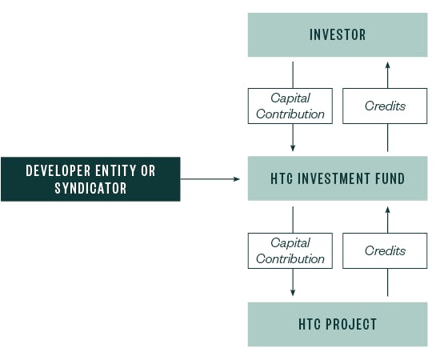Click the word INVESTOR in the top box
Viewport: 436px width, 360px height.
click(x=337, y=34)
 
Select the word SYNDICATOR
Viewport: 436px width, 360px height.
click(x=90, y=189)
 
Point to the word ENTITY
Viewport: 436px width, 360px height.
click(x=120, y=171)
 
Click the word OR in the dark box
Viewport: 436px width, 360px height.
click(x=149, y=171)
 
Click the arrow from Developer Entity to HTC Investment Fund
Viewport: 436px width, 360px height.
click(x=210, y=178)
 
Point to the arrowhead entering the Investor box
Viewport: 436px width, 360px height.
click(x=387, y=64)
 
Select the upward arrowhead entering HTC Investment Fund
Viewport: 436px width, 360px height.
click(x=387, y=209)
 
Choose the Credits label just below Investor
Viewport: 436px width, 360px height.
click(x=385, y=106)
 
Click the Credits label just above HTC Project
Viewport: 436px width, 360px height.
click(x=385, y=251)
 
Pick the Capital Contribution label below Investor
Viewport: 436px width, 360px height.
click(x=290, y=106)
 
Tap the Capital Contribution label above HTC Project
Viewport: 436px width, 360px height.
click(x=290, y=250)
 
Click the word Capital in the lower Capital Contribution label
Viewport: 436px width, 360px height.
click(x=290, y=243)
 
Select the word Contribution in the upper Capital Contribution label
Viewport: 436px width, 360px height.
click(x=290, y=114)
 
